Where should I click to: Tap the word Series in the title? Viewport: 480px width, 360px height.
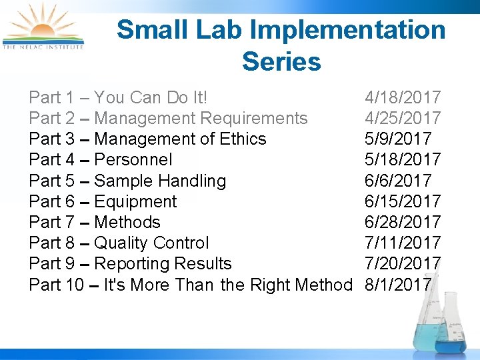(x=281, y=61)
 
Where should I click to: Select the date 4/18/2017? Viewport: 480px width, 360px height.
(x=402, y=97)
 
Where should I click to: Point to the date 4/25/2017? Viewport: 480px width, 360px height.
(x=402, y=118)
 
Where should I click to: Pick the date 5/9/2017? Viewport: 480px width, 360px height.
(x=397, y=139)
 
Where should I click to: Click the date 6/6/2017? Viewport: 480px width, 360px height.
(x=397, y=181)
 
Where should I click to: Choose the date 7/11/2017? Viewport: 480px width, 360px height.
(x=402, y=243)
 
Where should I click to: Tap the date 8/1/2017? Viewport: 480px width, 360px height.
(x=397, y=285)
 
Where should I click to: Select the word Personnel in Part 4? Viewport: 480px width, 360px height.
(x=133, y=159)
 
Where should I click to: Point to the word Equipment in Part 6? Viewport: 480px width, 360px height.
(x=135, y=201)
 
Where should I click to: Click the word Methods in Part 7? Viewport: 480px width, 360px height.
(x=127, y=222)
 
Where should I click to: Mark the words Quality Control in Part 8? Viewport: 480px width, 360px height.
(x=151, y=243)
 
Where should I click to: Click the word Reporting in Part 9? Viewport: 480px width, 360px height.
(x=129, y=264)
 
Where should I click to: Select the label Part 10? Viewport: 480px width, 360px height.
(x=56, y=285)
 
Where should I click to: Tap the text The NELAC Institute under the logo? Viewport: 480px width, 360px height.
(x=43, y=47)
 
